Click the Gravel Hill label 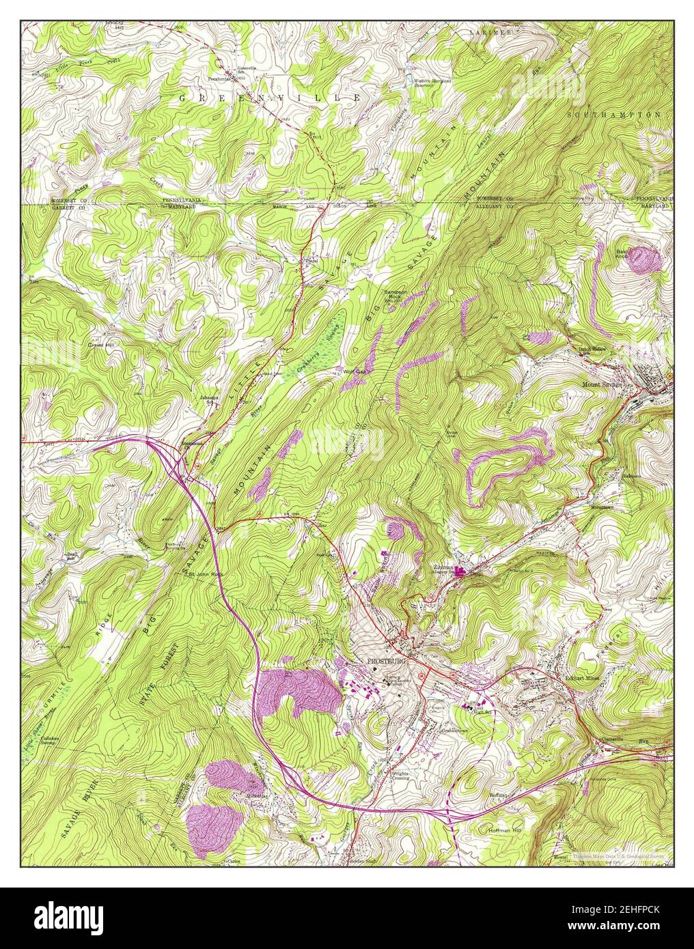pyautogui.click(x=100, y=345)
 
